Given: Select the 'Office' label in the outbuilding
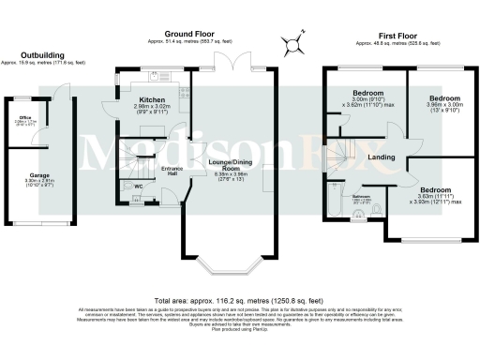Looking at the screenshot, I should pyautogui.click(x=25, y=117).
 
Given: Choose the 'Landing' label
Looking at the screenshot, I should pyautogui.click(x=380, y=157).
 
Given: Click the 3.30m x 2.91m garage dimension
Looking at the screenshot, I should pyautogui.click(x=38, y=183).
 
